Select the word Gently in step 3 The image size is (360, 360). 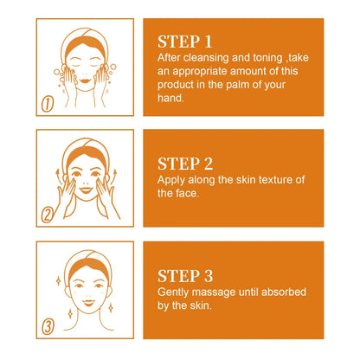(173, 292)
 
